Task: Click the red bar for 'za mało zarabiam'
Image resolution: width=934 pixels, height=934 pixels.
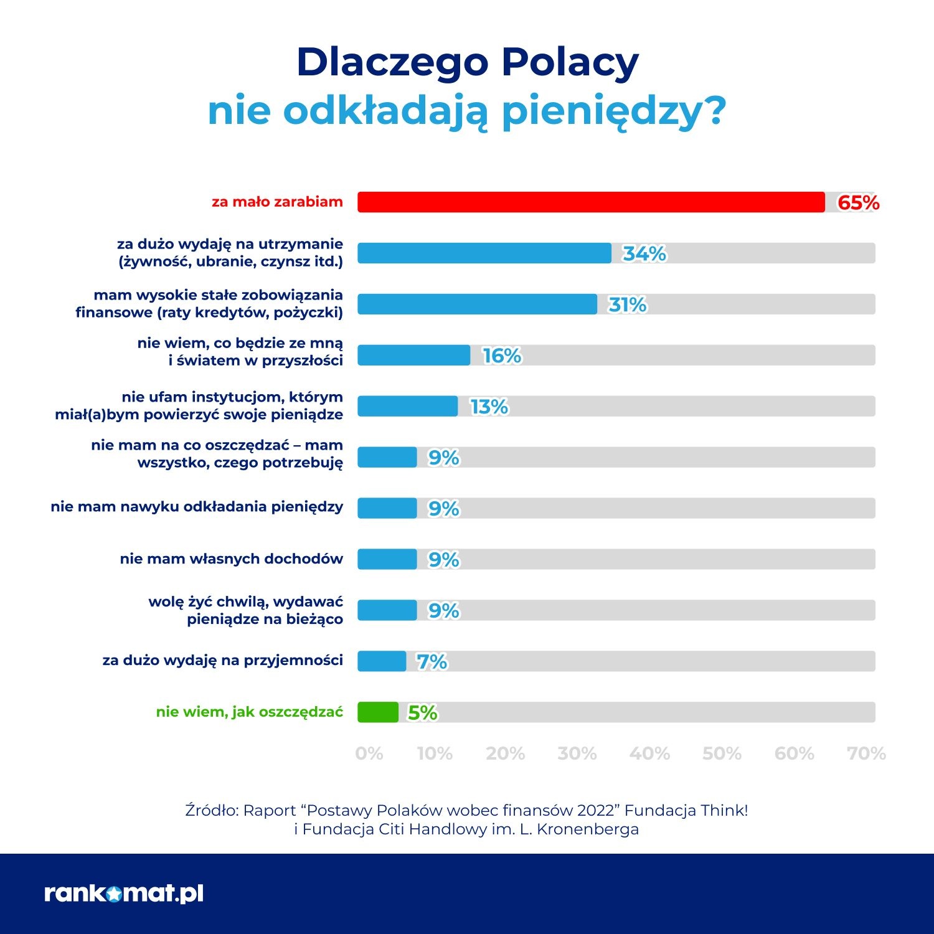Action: click(591, 202)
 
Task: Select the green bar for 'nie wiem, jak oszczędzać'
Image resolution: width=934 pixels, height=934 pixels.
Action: click(378, 712)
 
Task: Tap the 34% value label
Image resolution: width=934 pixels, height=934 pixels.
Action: click(644, 253)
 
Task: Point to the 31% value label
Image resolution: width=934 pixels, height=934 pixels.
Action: click(628, 304)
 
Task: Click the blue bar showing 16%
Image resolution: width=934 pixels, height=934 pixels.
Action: click(414, 356)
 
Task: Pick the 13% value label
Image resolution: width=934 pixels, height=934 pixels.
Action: click(489, 407)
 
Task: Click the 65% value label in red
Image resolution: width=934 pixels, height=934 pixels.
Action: click(858, 202)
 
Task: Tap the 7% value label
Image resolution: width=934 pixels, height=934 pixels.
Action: click(432, 661)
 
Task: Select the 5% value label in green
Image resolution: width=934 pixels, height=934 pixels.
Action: click(423, 712)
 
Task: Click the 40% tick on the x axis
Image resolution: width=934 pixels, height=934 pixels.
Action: click(649, 754)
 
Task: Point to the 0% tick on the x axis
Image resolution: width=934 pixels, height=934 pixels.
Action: click(369, 754)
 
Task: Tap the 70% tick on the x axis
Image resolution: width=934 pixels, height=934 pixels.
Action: click(866, 754)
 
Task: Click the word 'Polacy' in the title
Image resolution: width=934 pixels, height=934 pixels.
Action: click(570, 63)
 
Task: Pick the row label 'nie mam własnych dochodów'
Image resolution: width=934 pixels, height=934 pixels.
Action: click(232, 559)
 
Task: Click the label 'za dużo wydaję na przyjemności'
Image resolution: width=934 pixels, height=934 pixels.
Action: click(223, 660)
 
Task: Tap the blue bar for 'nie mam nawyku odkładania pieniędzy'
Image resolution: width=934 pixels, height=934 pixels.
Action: click(387, 508)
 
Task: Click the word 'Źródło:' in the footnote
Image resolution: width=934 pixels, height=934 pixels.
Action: click(212, 810)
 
